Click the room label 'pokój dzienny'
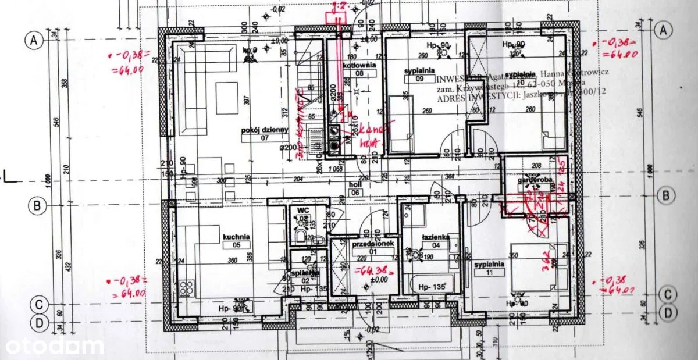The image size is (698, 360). (x=265, y=130)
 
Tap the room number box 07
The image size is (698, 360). (x=265, y=138)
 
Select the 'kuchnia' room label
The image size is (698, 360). (x=236, y=237)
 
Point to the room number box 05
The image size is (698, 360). (x=236, y=245)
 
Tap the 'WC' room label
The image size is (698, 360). (x=302, y=209)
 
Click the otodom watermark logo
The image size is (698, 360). (x=52, y=345)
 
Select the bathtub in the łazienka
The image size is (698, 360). (x=432, y=285)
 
